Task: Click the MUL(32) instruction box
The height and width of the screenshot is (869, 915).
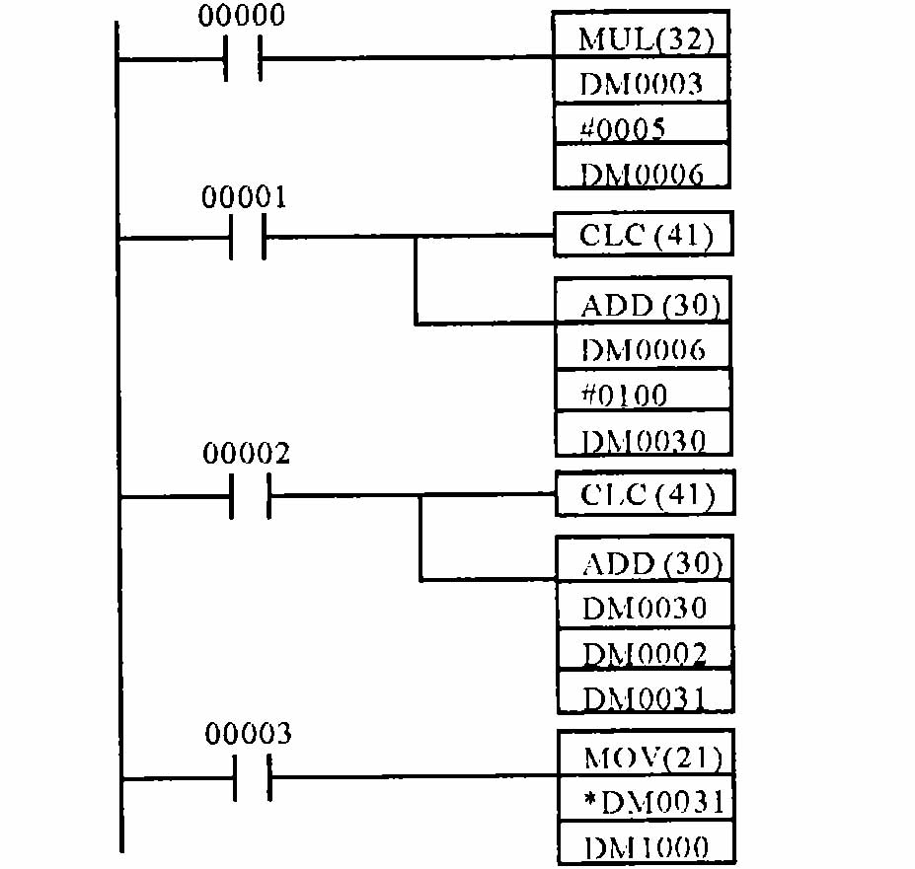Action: click(x=642, y=40)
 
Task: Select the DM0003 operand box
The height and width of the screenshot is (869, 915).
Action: click(x=642, y=84)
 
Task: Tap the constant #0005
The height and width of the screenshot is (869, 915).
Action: click(x=642, y=128)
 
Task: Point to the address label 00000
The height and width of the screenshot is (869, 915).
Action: click(x=241, y=17)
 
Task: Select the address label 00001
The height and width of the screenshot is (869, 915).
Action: click(x=244, y=197)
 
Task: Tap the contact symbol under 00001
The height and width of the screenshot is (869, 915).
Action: click(x=247, y=237)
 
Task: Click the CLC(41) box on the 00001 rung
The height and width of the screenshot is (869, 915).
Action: click(x=644, y=235)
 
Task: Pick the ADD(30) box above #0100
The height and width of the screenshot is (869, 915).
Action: click(x=644, y=306)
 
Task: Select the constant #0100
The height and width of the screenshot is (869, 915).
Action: click(x=644, y=396)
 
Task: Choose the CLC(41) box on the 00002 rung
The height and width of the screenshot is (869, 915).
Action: click(x=645, y=494)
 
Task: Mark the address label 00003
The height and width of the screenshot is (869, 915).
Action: click(x=248, y=734)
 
